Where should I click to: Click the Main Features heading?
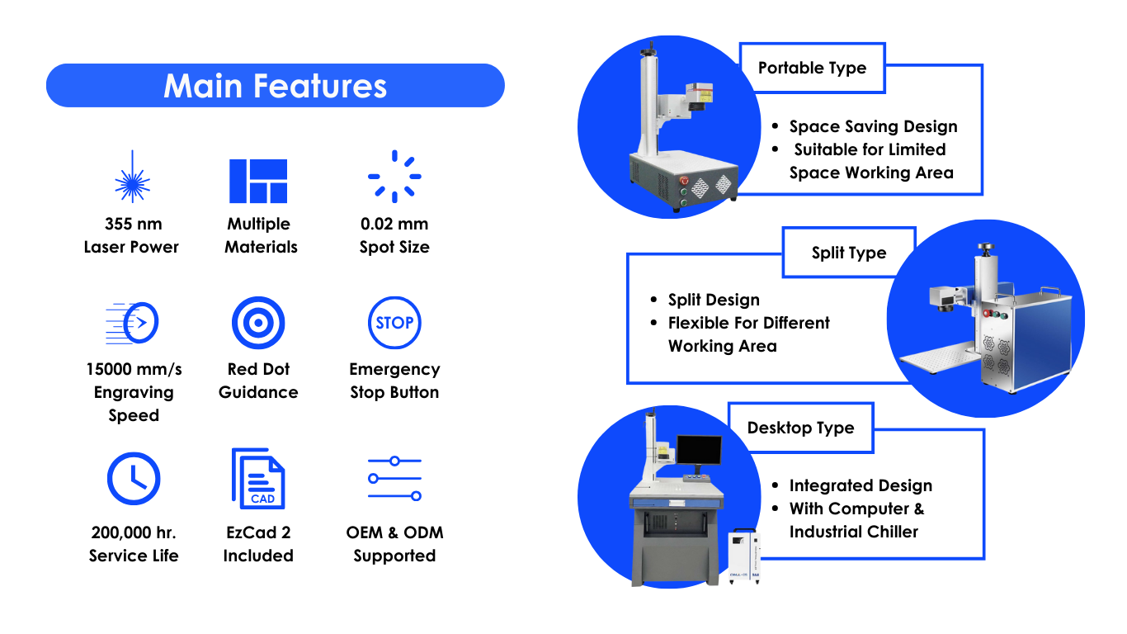pos(276,86)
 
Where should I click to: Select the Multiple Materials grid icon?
pos(258,181)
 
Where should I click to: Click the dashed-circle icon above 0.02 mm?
pos(394,177)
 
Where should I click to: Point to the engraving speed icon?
pos(132,323)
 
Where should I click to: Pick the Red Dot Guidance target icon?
pos(258,323)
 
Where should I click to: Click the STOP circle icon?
pos(394,323)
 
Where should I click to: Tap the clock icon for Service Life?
pos(134,479)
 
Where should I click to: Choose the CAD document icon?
pos(258,479)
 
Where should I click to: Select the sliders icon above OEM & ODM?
pos(394,479)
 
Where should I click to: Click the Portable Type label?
pos(812,68)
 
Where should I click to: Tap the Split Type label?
pos(849,253)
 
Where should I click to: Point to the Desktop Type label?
pos(800,428)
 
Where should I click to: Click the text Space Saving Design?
pos(873,126)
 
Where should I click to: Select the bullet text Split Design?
pos(714,300)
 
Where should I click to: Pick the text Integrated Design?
pos(861,485)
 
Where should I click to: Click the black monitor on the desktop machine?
pos(699,450)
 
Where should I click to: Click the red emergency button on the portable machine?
pos(684,180)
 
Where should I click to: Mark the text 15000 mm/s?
pos(134,369)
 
